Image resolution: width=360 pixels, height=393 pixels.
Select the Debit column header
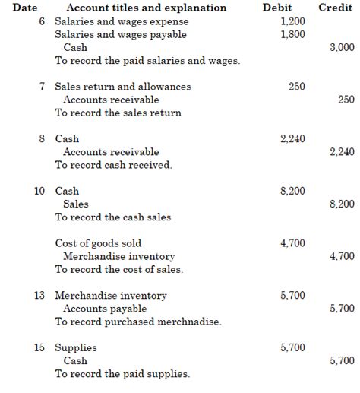click(292, 8)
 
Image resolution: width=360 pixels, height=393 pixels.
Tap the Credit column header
click(335, 8)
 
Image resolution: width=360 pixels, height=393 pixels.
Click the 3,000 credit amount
click(342, 47)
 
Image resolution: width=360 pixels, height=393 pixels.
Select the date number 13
click(40, 296)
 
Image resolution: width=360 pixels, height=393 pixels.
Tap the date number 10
click(40, 191)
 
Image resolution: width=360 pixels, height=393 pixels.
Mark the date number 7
click(43, 87)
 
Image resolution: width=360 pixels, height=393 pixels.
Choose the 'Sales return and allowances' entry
click(123, 87)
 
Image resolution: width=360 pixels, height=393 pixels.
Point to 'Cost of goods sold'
click(98, 243)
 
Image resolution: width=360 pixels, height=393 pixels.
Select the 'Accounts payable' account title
click(105, 309)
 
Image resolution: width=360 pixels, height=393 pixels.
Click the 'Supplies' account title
click(76, 348)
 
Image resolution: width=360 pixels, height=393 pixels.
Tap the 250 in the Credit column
click(346, 100)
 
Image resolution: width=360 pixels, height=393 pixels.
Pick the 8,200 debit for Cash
click(292, 191)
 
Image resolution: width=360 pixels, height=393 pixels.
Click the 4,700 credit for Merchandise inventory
click(342, 256)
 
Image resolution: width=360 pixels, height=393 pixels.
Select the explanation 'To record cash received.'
click(113, 165)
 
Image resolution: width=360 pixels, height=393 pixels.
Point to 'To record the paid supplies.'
click(122, 374)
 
